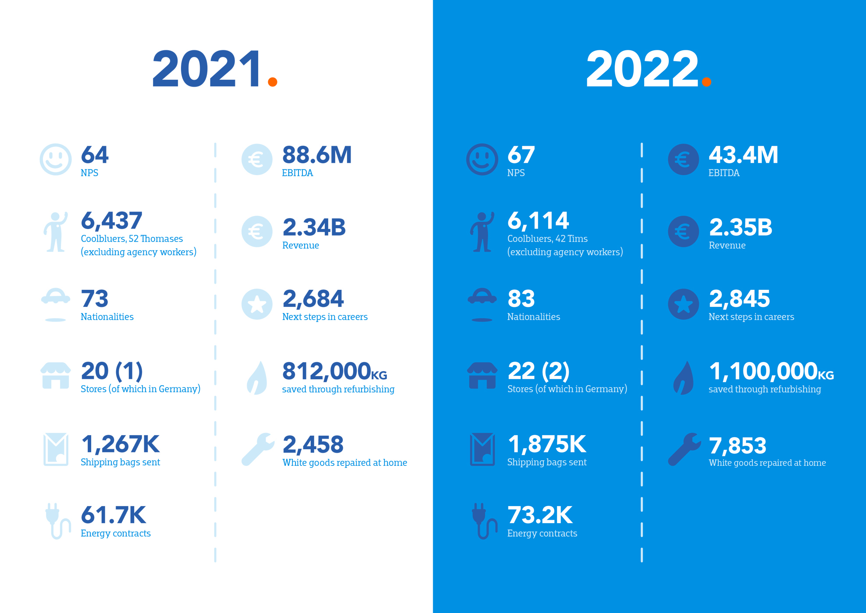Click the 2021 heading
[207, 69]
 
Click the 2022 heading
[642, 69]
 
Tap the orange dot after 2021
[273, 82]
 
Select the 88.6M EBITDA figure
[317, 155]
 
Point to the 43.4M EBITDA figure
[743, 155]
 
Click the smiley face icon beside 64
[56, 159]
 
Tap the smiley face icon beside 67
[482, 159]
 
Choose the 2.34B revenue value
[314, 227]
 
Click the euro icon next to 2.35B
[684, 231]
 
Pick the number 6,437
[112, 220]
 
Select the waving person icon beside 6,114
[482, 232]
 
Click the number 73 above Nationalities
[95, 299]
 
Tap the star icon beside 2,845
[684, 304]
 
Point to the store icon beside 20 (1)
[56, 376]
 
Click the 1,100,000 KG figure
[771, 371]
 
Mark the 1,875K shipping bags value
[547, 444]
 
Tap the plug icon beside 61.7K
[57, 521]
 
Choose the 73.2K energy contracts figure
[540, 515]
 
